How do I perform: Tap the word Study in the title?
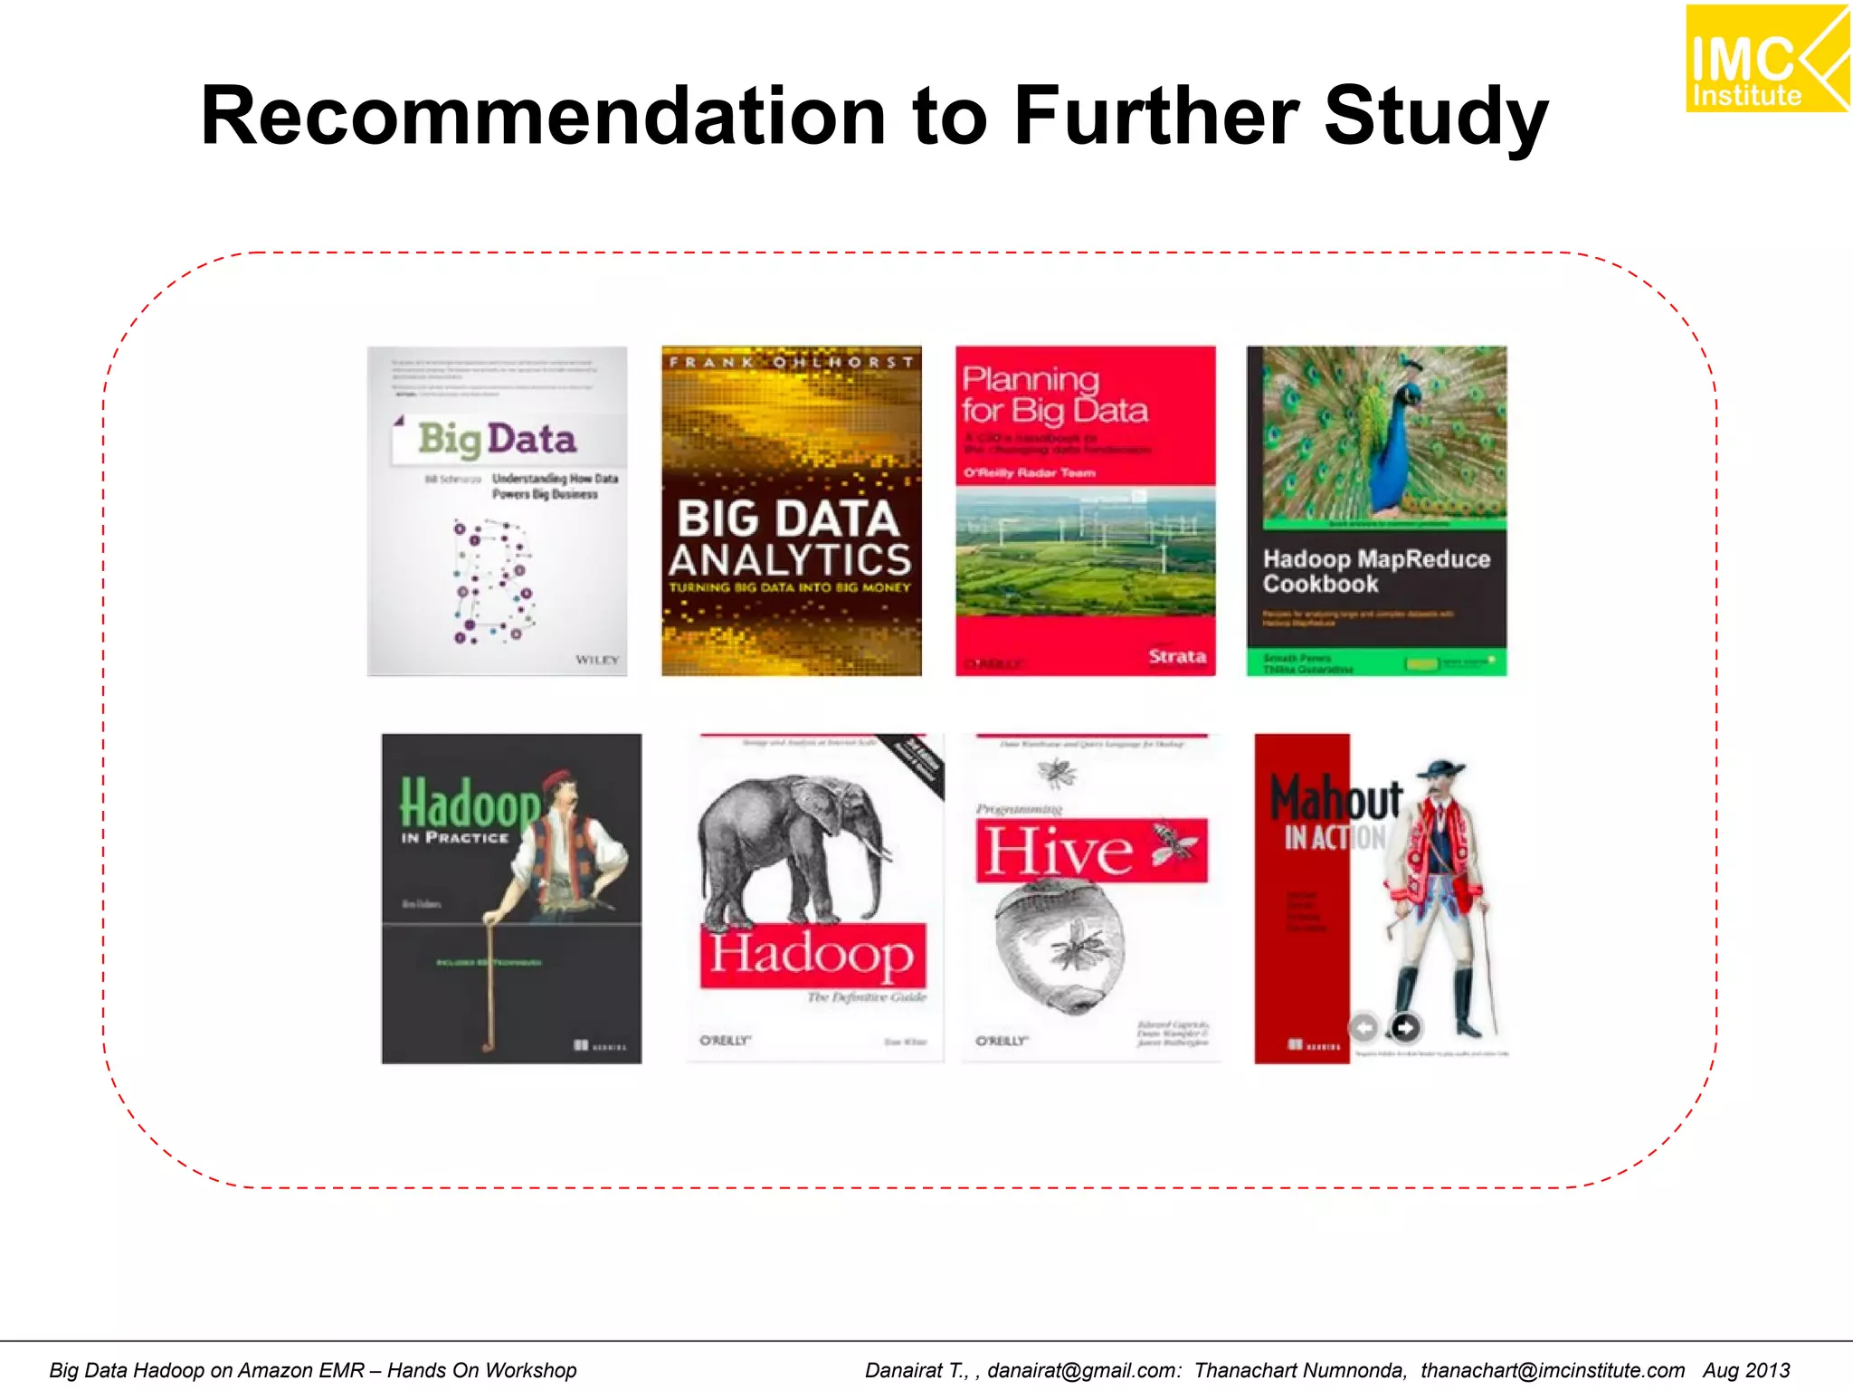[x=1437, y=118]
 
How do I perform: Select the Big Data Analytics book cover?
[x=791, y=510]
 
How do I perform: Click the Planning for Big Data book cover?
[x=1085, y=510]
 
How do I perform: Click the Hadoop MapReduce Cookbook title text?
[x=1375, y=571]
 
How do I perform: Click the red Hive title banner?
[x=1091, y=850]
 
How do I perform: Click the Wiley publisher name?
[x=597, y=660]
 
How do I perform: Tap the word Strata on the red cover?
[x=1176, y=656]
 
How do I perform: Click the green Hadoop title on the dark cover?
[x=469, y=802]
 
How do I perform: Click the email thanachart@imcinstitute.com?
[x=1552, y=1370]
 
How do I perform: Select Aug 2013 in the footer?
[x=1746, y=1370]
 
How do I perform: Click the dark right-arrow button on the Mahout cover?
[x=1404, y=1027]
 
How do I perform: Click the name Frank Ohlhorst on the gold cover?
[x=791, y=362]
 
